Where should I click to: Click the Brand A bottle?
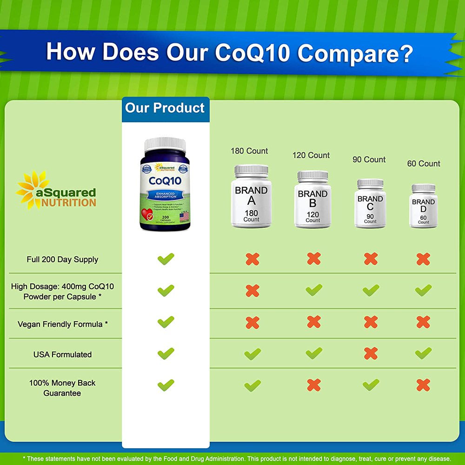click(251, 198)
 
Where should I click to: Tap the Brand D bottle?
click(423, 207)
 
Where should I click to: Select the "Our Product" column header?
click(165, 108)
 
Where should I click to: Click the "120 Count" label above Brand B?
click(311, 155)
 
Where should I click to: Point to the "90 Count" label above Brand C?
click(369, 159)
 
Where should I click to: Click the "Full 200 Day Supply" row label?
click(62, 259)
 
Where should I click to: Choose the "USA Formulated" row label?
click(62, 354)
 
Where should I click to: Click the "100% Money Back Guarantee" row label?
click(62, 388)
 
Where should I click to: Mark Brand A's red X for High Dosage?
click(252, 291)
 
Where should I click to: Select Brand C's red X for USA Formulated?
click(371, 353)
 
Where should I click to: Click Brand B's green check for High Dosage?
click(314, 290)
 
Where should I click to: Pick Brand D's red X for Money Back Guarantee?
click(423, 385)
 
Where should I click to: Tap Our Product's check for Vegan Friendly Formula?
click(166, 321)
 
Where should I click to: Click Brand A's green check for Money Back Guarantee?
click(252, 385)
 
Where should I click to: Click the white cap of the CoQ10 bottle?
click(165, 144)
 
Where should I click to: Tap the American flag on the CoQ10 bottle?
click(184, 216)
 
